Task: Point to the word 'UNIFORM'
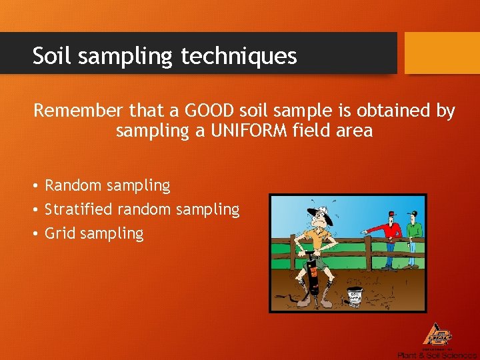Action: (251, 130)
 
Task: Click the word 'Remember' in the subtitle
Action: (74, 110)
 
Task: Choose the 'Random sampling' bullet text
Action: (107, 185)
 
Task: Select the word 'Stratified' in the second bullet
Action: (79, 209)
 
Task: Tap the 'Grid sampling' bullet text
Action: (94, 233)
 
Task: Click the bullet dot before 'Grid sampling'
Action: (37, 234)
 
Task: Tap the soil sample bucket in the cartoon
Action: (355, 296)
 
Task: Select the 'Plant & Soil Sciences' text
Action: (437, 355)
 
